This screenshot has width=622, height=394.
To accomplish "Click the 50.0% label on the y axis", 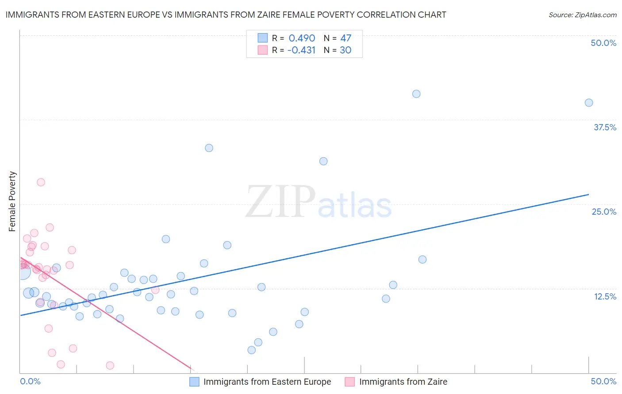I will pos(603,43).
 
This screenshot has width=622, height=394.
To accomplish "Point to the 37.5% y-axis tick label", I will pos(605,127).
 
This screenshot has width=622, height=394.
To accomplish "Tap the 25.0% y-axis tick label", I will pos(604,212).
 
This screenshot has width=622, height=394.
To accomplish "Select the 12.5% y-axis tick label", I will pos(605,296).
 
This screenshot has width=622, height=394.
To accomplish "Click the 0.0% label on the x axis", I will pos(30,381).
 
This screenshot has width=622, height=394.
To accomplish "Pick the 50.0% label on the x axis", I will pos(603,381).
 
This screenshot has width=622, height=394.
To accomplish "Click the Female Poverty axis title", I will pos(12,201).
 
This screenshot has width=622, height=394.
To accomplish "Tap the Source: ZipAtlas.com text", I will pos(583,15).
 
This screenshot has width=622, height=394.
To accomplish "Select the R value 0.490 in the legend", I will pos(302,38).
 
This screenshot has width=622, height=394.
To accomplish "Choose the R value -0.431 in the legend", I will pos(301,50).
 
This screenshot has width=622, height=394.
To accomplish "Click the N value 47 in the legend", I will pos(346,38).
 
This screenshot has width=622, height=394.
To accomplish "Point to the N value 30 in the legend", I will pos(346,50).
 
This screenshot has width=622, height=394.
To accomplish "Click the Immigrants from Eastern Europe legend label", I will pos(267,382).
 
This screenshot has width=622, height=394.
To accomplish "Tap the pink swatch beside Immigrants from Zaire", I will pos(350,382).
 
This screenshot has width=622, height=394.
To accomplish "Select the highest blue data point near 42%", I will pos(416,94).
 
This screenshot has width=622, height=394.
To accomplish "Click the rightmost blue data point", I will pos(589,102).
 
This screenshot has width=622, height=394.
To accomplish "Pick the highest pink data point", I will pos(41,182).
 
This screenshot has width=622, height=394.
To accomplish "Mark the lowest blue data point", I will pos(252,350).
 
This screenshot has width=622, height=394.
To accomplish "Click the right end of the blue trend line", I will pos(589,194).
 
